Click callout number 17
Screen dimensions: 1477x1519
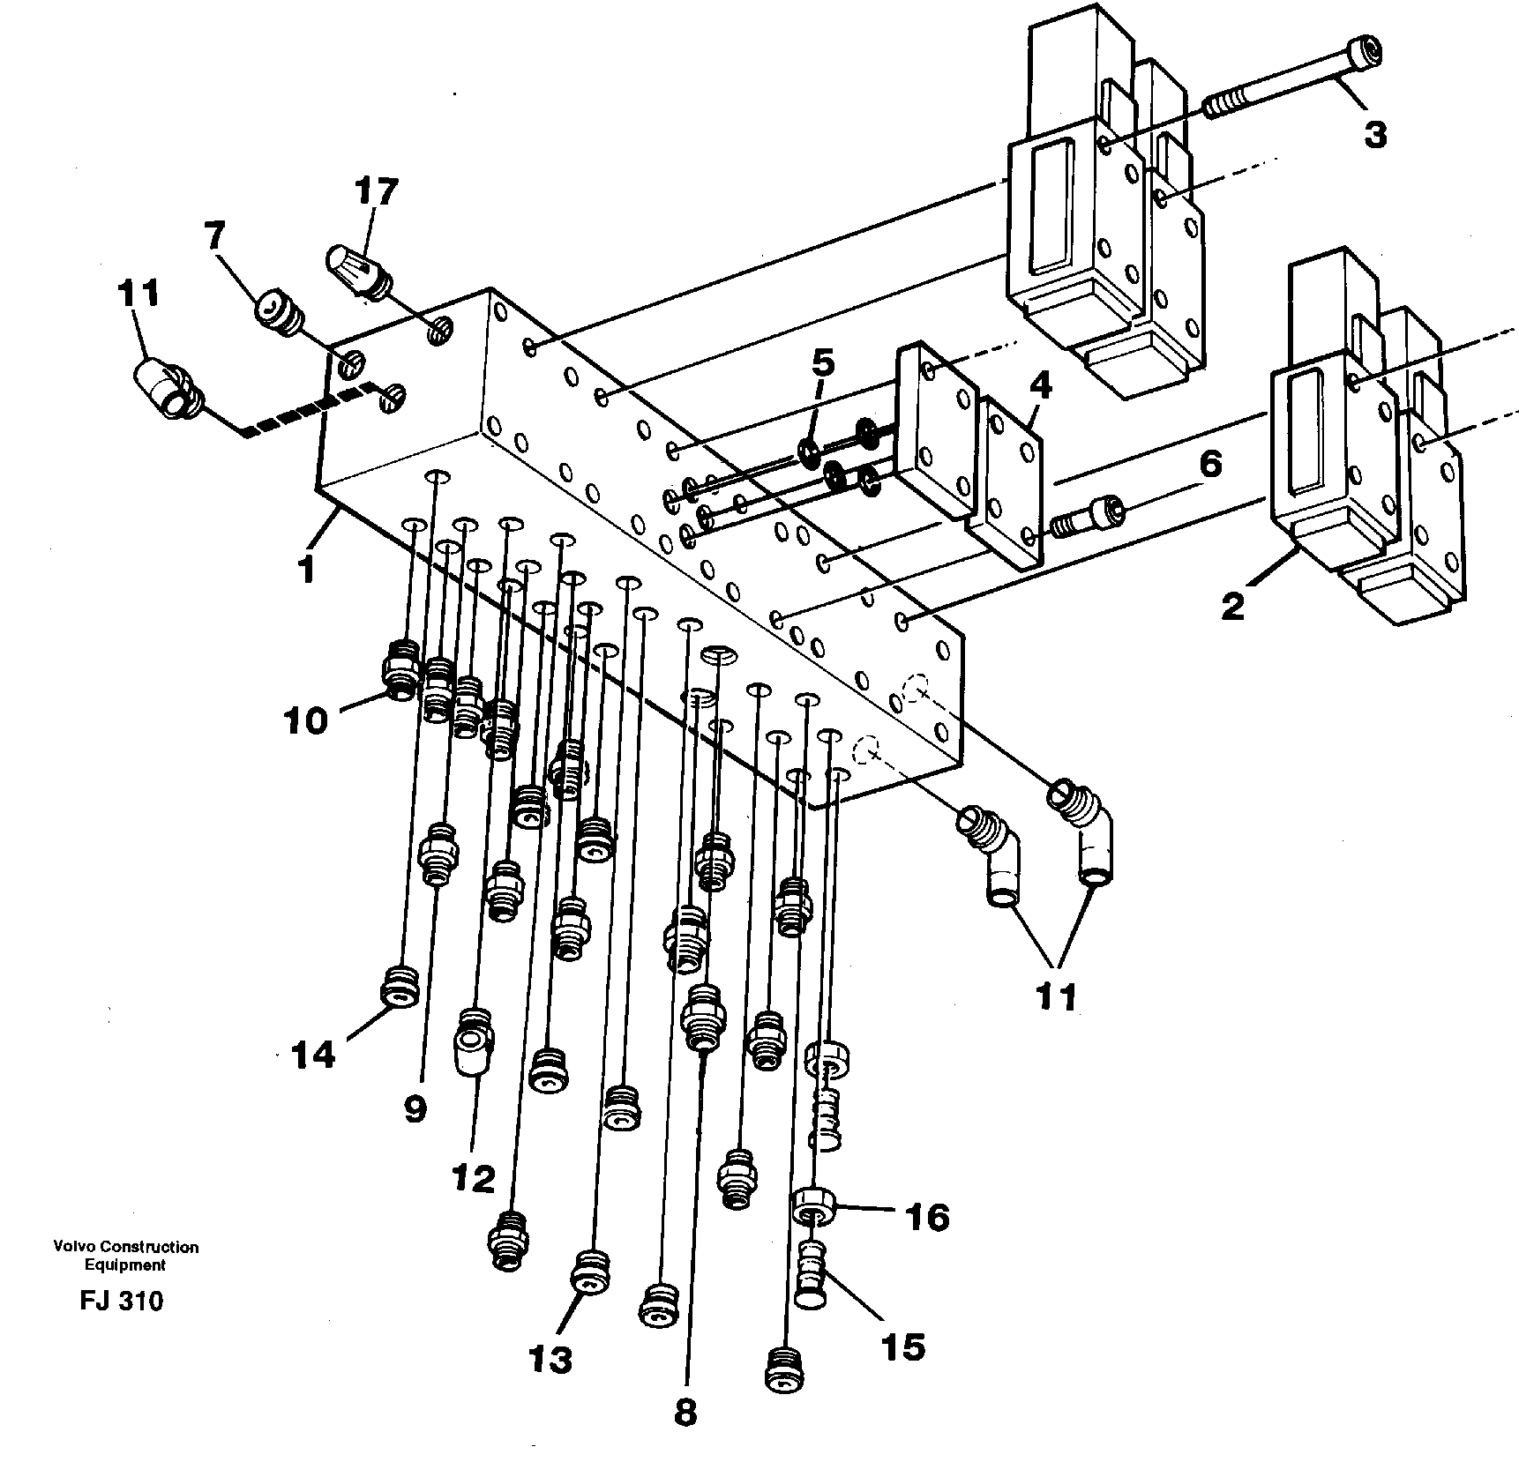377,191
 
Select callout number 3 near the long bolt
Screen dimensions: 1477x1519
1374,135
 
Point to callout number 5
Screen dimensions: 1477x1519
821,362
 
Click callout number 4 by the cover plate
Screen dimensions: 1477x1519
1041,386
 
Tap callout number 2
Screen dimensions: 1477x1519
1233,607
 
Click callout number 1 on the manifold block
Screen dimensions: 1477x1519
305,570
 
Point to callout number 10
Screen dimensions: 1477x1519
305,721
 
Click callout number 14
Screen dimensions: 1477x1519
312,1054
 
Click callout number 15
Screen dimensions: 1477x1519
902,1346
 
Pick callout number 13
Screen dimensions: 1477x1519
551,1360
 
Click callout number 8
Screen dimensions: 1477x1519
685,1412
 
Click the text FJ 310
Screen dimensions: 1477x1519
122,1302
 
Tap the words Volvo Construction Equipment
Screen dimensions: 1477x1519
125,1256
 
